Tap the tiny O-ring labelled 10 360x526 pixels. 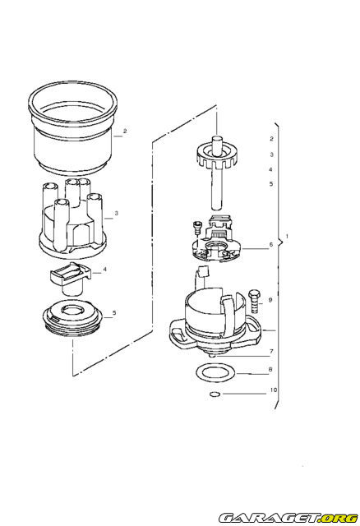214,396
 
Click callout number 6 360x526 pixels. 270,245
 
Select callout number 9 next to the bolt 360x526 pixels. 271,300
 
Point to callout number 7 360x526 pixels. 270,351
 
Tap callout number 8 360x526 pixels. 271,371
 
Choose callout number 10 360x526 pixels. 273,392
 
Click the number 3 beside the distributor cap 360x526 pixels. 118,213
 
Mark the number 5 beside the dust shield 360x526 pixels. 114,313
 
